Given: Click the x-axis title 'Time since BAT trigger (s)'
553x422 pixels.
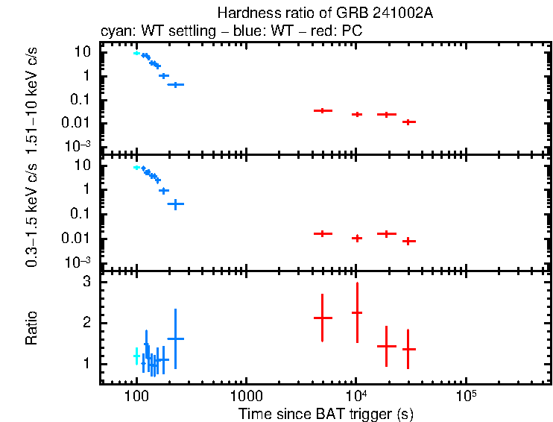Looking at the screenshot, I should point(326,413).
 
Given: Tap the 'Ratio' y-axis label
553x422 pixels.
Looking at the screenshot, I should point(31,328).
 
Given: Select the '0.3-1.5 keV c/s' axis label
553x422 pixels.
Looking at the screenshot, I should point(31,213).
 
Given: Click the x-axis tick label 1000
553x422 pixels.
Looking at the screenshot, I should point(245,395).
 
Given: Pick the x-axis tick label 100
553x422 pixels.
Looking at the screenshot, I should point(136,395).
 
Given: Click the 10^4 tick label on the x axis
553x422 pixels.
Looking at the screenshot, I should point(355,394).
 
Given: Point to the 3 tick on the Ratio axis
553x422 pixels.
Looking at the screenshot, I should point(86,283).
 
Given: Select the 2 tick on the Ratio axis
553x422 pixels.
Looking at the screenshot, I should point(86,323).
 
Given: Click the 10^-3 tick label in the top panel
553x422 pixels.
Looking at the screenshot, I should point(78,145).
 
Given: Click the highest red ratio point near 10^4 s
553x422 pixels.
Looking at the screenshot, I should point(356,312).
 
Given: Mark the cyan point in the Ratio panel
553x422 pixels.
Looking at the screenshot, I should point(136,356).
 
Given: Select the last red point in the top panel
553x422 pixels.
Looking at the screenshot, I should point(408,122).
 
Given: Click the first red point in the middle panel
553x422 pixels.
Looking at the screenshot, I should point(322,233).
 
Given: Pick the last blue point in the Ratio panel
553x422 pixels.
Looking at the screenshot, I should point(175,338).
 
